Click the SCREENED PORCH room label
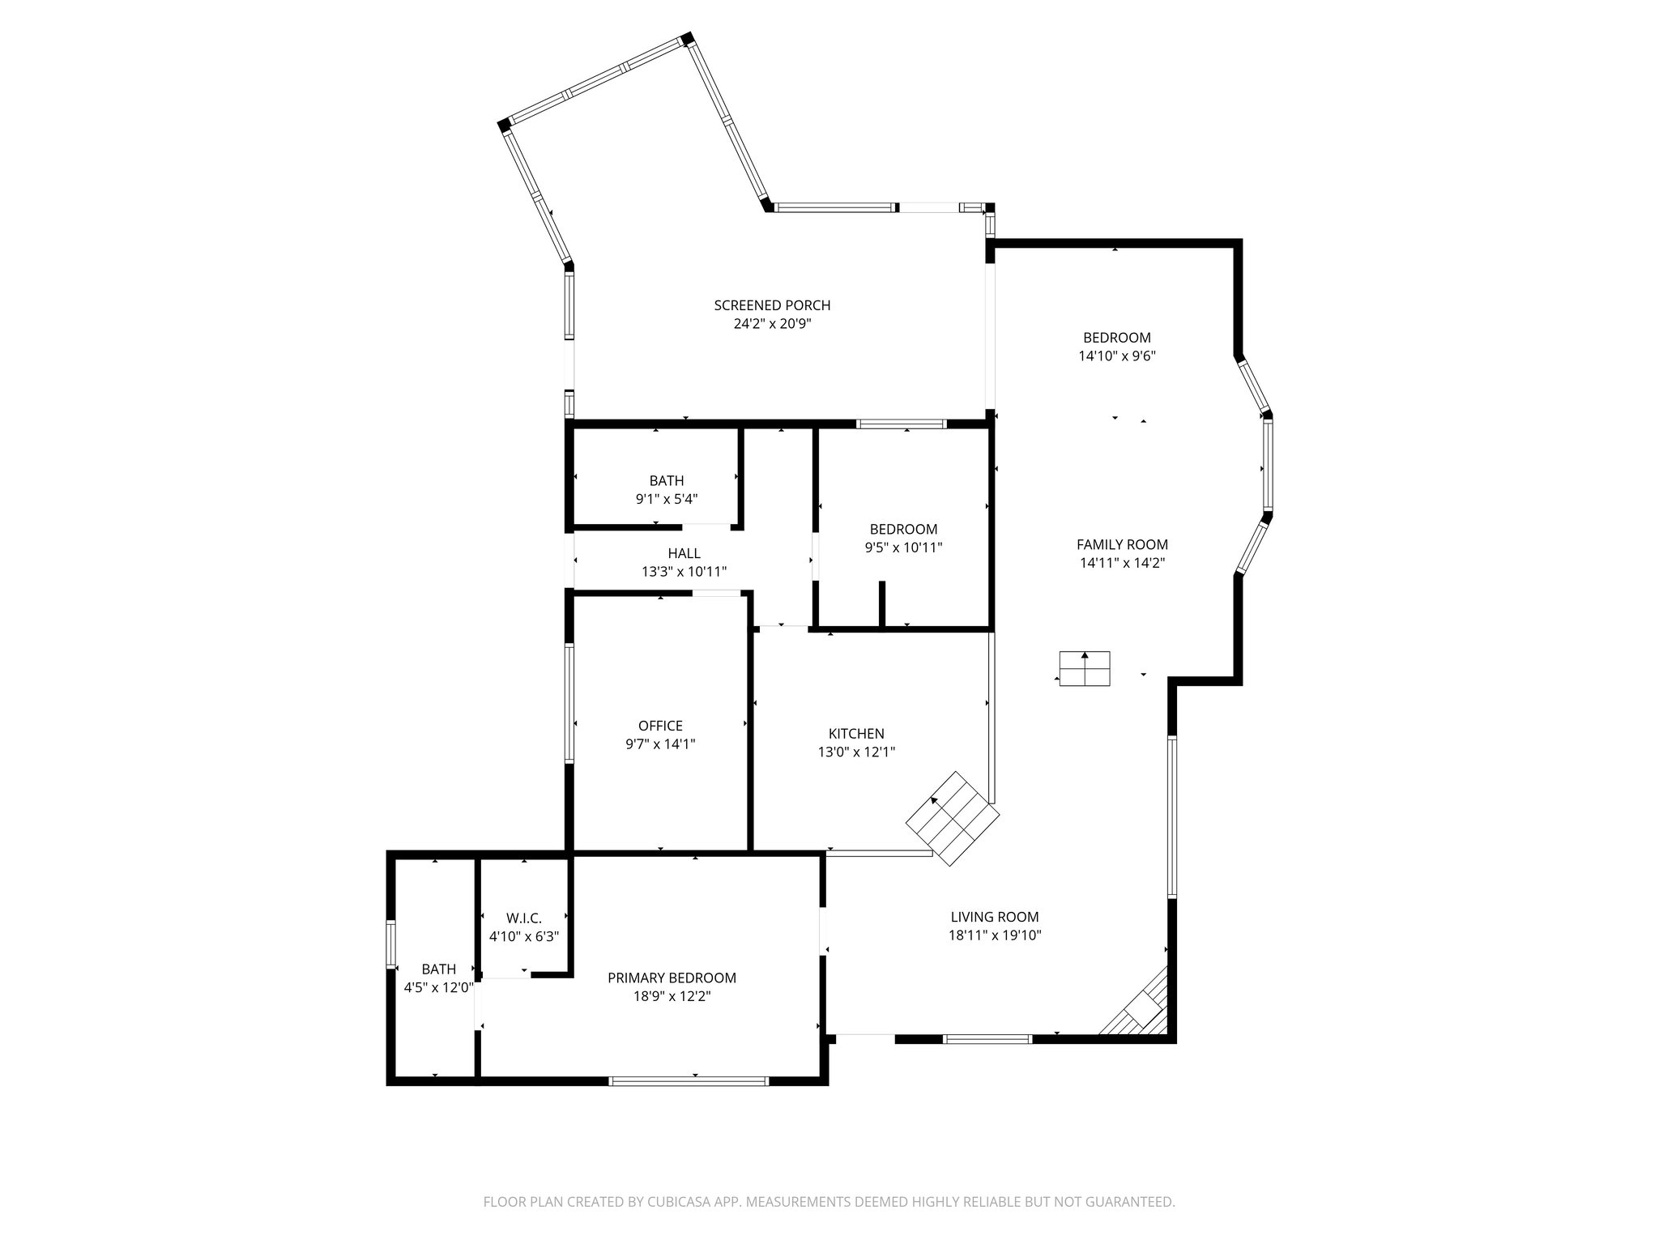tap(772, 305)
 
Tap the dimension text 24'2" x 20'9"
tap(772, 324)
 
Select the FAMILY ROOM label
tap(1122, 545)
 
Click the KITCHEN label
tap(856, 734)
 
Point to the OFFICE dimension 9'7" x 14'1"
tap(660, 743)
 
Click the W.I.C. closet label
tap(524, 918)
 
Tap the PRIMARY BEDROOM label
tap(672, 978)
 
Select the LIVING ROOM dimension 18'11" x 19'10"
tap(995, 935)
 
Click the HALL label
tap(684, 553)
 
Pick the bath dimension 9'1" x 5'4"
tap(667, 499)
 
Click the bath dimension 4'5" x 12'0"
tap(438, 987)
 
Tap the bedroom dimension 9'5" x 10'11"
tap(903, 547)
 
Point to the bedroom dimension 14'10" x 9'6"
tap(1116, 356)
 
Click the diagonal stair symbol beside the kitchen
tap(953, 818)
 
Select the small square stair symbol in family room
tap(1085, 668)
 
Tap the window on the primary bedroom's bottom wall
tap(688, 1080)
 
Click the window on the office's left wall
tap(569, 702)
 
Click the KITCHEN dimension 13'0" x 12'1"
tap(856, 752)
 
